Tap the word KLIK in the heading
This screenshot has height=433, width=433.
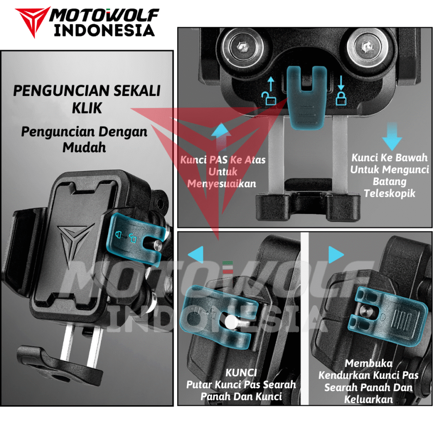click(x=87, y=108)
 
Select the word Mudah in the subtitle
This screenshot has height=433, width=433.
click(x=84, y=148)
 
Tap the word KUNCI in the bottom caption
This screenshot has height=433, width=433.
click(x=241, y=373)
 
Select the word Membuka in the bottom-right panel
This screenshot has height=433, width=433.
click(x=368, y=364)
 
